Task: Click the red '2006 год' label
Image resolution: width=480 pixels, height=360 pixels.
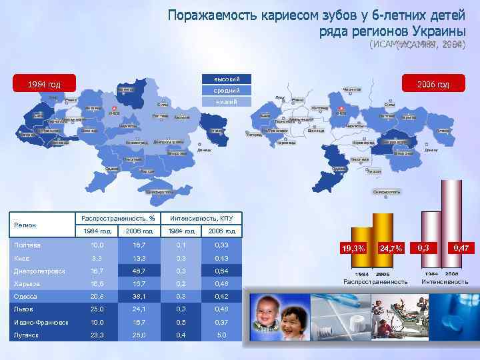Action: click(433, 84)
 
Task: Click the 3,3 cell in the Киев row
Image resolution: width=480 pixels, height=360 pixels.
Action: click(97, 258)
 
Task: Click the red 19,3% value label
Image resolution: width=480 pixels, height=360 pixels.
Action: click(353, 248)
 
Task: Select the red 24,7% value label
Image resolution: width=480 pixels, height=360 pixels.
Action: click(391, 248)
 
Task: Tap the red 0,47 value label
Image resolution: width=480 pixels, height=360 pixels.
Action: click(461, 247)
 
